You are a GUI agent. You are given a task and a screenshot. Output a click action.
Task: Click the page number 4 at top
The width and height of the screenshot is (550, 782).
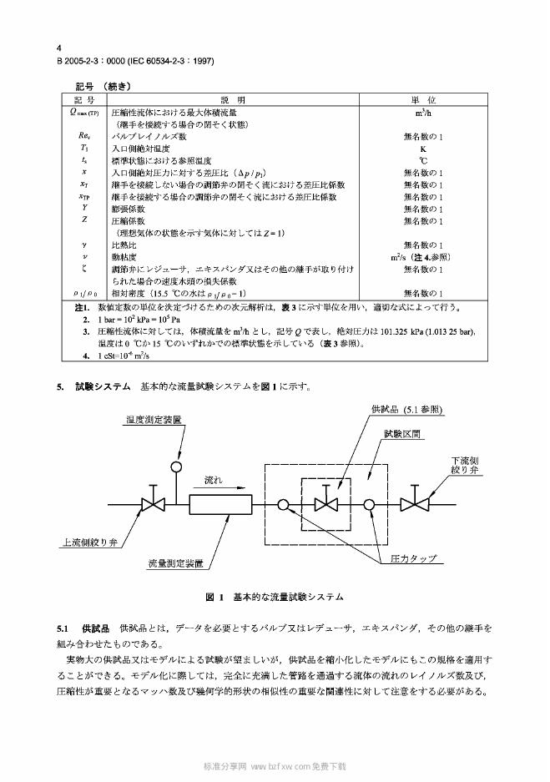pyautogui.click(x=59, y=49)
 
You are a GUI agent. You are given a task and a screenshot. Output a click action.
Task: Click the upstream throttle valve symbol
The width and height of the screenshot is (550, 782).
pyautogui.click(x=154, y=504)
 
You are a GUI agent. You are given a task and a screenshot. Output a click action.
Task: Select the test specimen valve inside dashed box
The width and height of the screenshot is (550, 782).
pyautogui.click(x=327, y=504)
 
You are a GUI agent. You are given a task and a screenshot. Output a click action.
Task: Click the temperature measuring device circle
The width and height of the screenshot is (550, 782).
pyautogui.click(x=177, y=467)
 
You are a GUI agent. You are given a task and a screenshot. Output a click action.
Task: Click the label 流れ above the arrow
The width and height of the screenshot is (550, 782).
pyautogui.click(x=214, y=481)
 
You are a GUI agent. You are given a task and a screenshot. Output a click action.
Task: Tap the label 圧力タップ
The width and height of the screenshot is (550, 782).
pyautogui.click(x=414, y=557)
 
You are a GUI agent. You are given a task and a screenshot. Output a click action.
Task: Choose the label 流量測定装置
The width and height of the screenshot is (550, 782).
pyautogui.click(x=176, y=564)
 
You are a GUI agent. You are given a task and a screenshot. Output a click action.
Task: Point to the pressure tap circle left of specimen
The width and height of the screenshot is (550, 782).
pyautogui.click(x=284, y=504)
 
